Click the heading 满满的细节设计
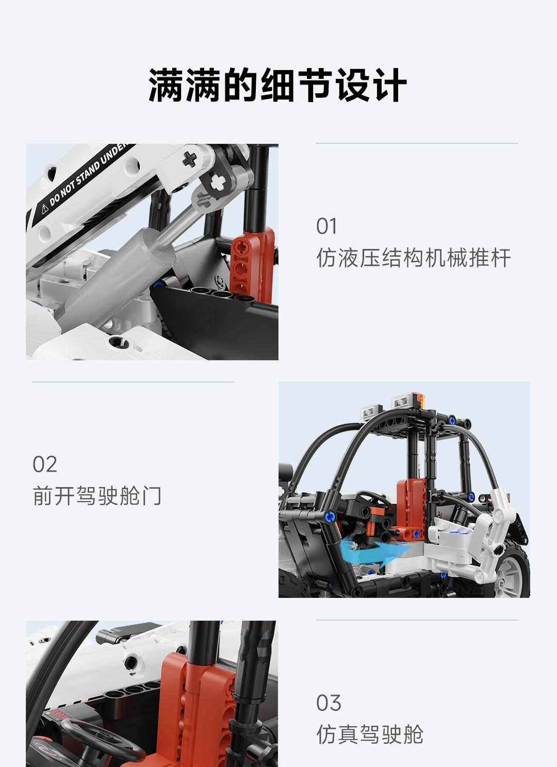[278, 85]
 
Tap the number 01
[326, 226]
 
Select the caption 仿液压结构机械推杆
[414, 258]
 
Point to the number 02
[44, 464]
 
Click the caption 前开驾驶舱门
[97, 496]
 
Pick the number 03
[329, 703]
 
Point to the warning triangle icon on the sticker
[45, 209]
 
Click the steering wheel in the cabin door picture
[373, 501]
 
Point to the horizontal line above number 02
[133, 382]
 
